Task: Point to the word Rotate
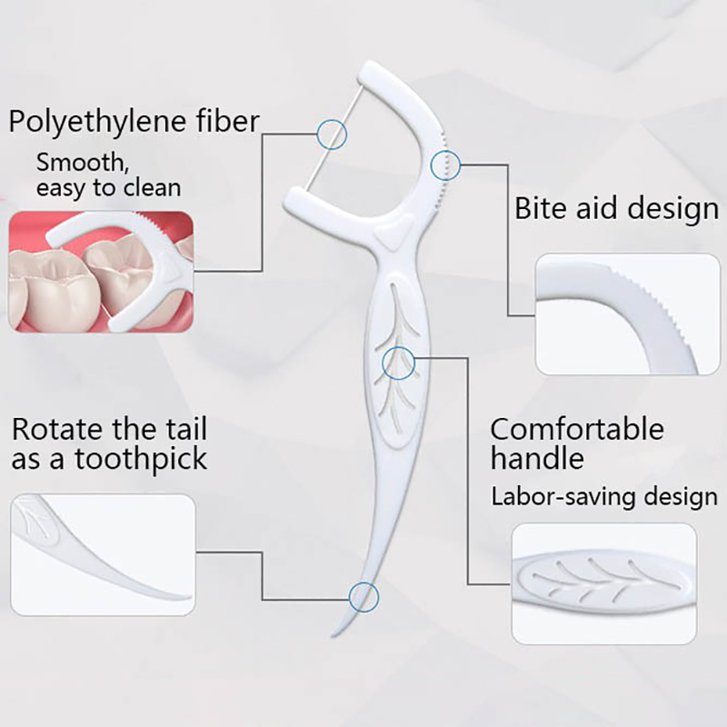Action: click(x=55, y=428)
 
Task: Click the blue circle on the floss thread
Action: click(x=332, y=134)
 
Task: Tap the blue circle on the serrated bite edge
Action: click(x=445, y=164)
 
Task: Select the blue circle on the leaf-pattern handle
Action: click(x=398, y=363)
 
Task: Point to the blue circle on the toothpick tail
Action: click(x=363, y=597)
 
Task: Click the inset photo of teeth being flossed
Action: click(x=101, y=272)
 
